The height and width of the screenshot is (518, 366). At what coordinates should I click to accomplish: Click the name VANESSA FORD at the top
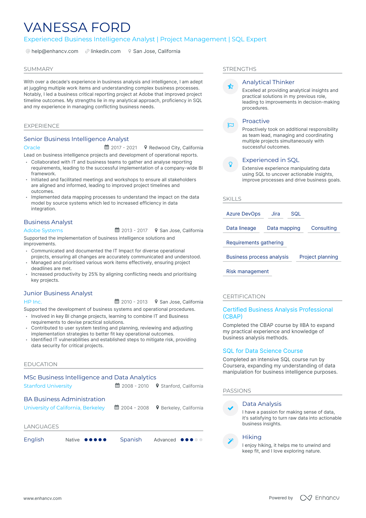click(x=77, y=28)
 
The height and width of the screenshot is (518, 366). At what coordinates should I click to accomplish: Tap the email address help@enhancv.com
click(x=55, y=51)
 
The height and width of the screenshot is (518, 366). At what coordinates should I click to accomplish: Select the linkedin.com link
click(x=105, y=51)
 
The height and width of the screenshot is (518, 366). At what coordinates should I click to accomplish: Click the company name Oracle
click(x=32, y=147)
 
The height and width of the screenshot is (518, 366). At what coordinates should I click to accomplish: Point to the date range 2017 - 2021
click(x=124, y=148)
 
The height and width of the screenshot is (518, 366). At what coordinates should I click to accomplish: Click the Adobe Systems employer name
click(x=43, y=231)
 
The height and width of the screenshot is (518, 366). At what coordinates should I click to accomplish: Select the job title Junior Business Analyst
click(x=58, y=293)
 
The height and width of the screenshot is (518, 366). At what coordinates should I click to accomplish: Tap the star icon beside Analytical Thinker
click(x=231, y=86)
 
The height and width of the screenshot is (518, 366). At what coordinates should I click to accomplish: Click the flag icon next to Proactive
click(x=231, y=125)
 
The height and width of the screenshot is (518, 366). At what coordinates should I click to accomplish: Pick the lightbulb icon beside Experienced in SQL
click(x=231, y=164)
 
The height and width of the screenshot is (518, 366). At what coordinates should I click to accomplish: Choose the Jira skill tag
click(x=275, y=214)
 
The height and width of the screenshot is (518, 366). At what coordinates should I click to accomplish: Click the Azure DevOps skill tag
click(x=243, y=214)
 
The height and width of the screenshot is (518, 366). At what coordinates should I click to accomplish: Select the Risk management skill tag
click(x=247, y=272)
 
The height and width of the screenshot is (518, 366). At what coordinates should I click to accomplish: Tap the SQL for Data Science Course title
click(x=263, y=351)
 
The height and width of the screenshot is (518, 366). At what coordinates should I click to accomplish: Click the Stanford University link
click(x=48, y=386)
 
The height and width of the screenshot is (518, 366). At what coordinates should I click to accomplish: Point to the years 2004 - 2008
click(x=135, y=408)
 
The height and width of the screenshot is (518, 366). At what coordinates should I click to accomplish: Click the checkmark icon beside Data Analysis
click(x=231, y=408)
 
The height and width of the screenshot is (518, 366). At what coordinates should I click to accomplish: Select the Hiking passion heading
click(x=252, y=437)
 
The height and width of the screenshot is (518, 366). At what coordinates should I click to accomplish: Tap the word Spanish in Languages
click(x=131, y=440)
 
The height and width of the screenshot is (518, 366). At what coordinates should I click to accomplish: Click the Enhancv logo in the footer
click(x=320, y=498)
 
